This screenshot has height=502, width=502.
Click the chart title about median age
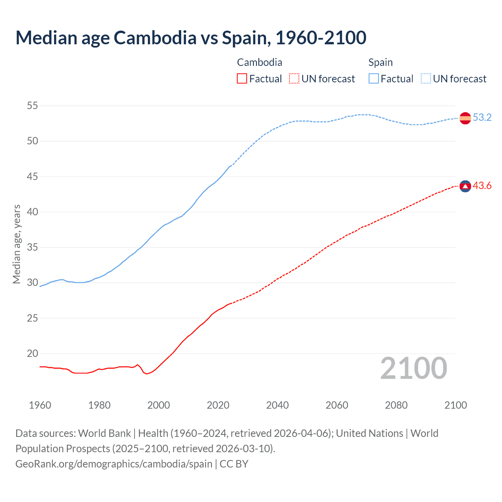click(191, 38)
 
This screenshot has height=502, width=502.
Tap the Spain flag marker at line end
click(465, 118)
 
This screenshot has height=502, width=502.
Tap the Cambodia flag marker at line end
click(465, 186)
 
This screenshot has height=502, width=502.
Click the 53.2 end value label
click(482, 118)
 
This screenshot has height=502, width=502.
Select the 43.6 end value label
click(482, 186)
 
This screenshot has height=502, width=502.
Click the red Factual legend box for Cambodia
click(242, 79)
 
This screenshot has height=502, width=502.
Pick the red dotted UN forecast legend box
click(294, 79)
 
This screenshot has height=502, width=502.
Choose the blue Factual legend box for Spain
click(374, 79)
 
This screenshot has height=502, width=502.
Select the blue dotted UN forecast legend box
click(426, 79)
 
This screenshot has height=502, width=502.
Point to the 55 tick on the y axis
click(33, 106)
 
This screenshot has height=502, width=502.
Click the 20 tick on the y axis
click(33, 354)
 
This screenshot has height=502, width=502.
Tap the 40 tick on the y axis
click(33, 212)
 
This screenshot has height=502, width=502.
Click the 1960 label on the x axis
click(40, 405)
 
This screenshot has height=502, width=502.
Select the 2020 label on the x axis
click(218, 405)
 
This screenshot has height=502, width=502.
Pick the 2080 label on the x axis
click(396, 405)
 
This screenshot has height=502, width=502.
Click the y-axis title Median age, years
click(16, 244)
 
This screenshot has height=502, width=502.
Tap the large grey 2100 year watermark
click(414, 368)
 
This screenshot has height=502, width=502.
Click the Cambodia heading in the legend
click(260, 63)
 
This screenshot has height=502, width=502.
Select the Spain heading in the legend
click(380, 63)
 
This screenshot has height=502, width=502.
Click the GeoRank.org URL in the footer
click(114, 464)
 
